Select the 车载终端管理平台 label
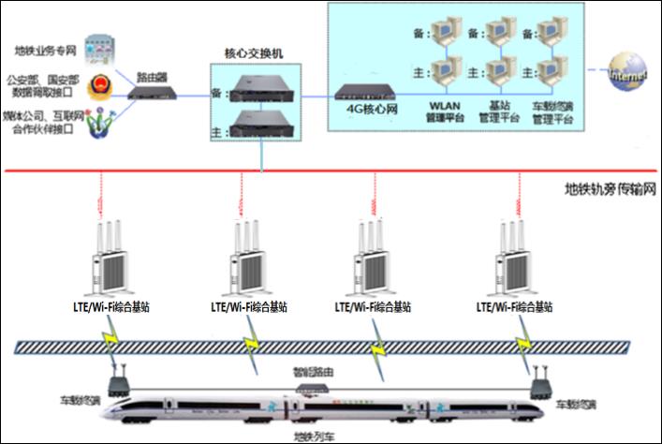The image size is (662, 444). click(552, 113)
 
